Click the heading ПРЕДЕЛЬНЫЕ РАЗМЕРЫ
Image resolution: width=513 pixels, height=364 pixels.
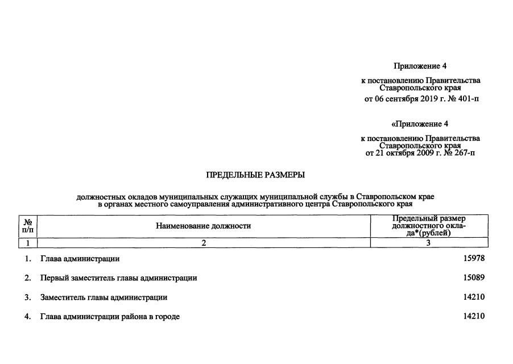[255, 175]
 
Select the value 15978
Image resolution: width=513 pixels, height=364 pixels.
[474, 259]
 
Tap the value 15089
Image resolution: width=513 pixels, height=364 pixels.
[474, 278]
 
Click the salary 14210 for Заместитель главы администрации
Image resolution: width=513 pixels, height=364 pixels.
[474, 297]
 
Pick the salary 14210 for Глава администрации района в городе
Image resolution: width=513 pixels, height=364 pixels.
[474, 316]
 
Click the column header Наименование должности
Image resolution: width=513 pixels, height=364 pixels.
[203, 226]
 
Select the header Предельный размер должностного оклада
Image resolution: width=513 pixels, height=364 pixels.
[429, 226]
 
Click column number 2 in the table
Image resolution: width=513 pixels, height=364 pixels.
[203, 243]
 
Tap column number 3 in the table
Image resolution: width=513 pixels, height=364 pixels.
[428, 243]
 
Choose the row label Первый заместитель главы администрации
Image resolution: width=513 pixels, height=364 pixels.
[118, 278]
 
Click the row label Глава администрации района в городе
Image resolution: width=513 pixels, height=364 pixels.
[110, 316]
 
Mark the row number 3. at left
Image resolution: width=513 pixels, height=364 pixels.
[27, 297]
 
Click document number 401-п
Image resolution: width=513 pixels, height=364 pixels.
[468, 99]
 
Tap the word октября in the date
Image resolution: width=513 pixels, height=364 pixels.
[401, 153]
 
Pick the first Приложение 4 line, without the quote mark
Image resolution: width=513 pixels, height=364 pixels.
[420, 66]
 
